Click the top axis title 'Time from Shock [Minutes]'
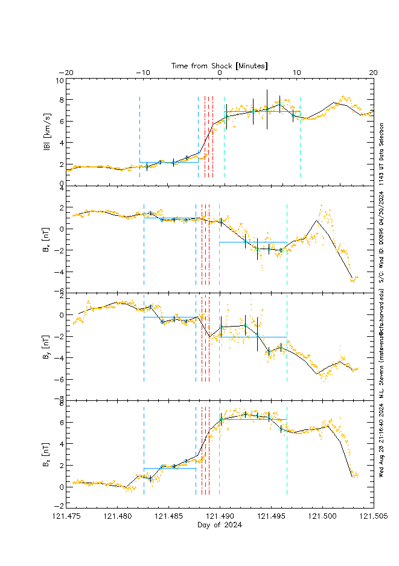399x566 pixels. click(x=220, y=65)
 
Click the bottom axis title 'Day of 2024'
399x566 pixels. click(x=220, y=525)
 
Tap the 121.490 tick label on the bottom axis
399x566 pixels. click(x=220, y=517)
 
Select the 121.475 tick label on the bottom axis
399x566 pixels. click(x=66, y=517)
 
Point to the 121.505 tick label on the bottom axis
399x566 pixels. click(x=373, y=517)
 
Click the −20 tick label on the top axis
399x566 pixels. click(x=66, y=73)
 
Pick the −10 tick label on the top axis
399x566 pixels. click(x=143, y=73)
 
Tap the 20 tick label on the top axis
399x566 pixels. click(x=373, y=73)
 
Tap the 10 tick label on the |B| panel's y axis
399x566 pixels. click(x=60, y=80)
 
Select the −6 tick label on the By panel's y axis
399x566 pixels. click(x=60, y=379)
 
